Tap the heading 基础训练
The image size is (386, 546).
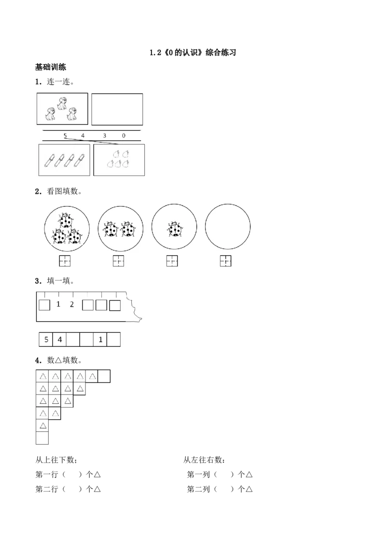pos(51,67)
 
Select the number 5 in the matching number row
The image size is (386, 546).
pos(65,136)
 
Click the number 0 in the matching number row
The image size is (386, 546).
pos(124,136)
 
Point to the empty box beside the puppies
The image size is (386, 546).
pos(117,109)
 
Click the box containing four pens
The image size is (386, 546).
pos(64,160)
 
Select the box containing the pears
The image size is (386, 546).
pos(119,160)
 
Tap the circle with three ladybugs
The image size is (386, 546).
pos(67,229)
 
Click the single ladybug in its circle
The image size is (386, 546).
pos(174,229)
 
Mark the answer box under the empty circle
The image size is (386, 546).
pos(226,261)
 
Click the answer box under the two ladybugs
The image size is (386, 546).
pos(118,261)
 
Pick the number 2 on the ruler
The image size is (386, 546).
pos(72,304)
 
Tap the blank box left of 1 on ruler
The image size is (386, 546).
pos(44,305)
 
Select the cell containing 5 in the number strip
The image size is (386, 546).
pos(46,340)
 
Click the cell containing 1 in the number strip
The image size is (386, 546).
pos(100,340)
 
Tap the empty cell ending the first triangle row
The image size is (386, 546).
pos(104,376)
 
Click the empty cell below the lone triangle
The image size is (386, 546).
pos(42,438)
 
